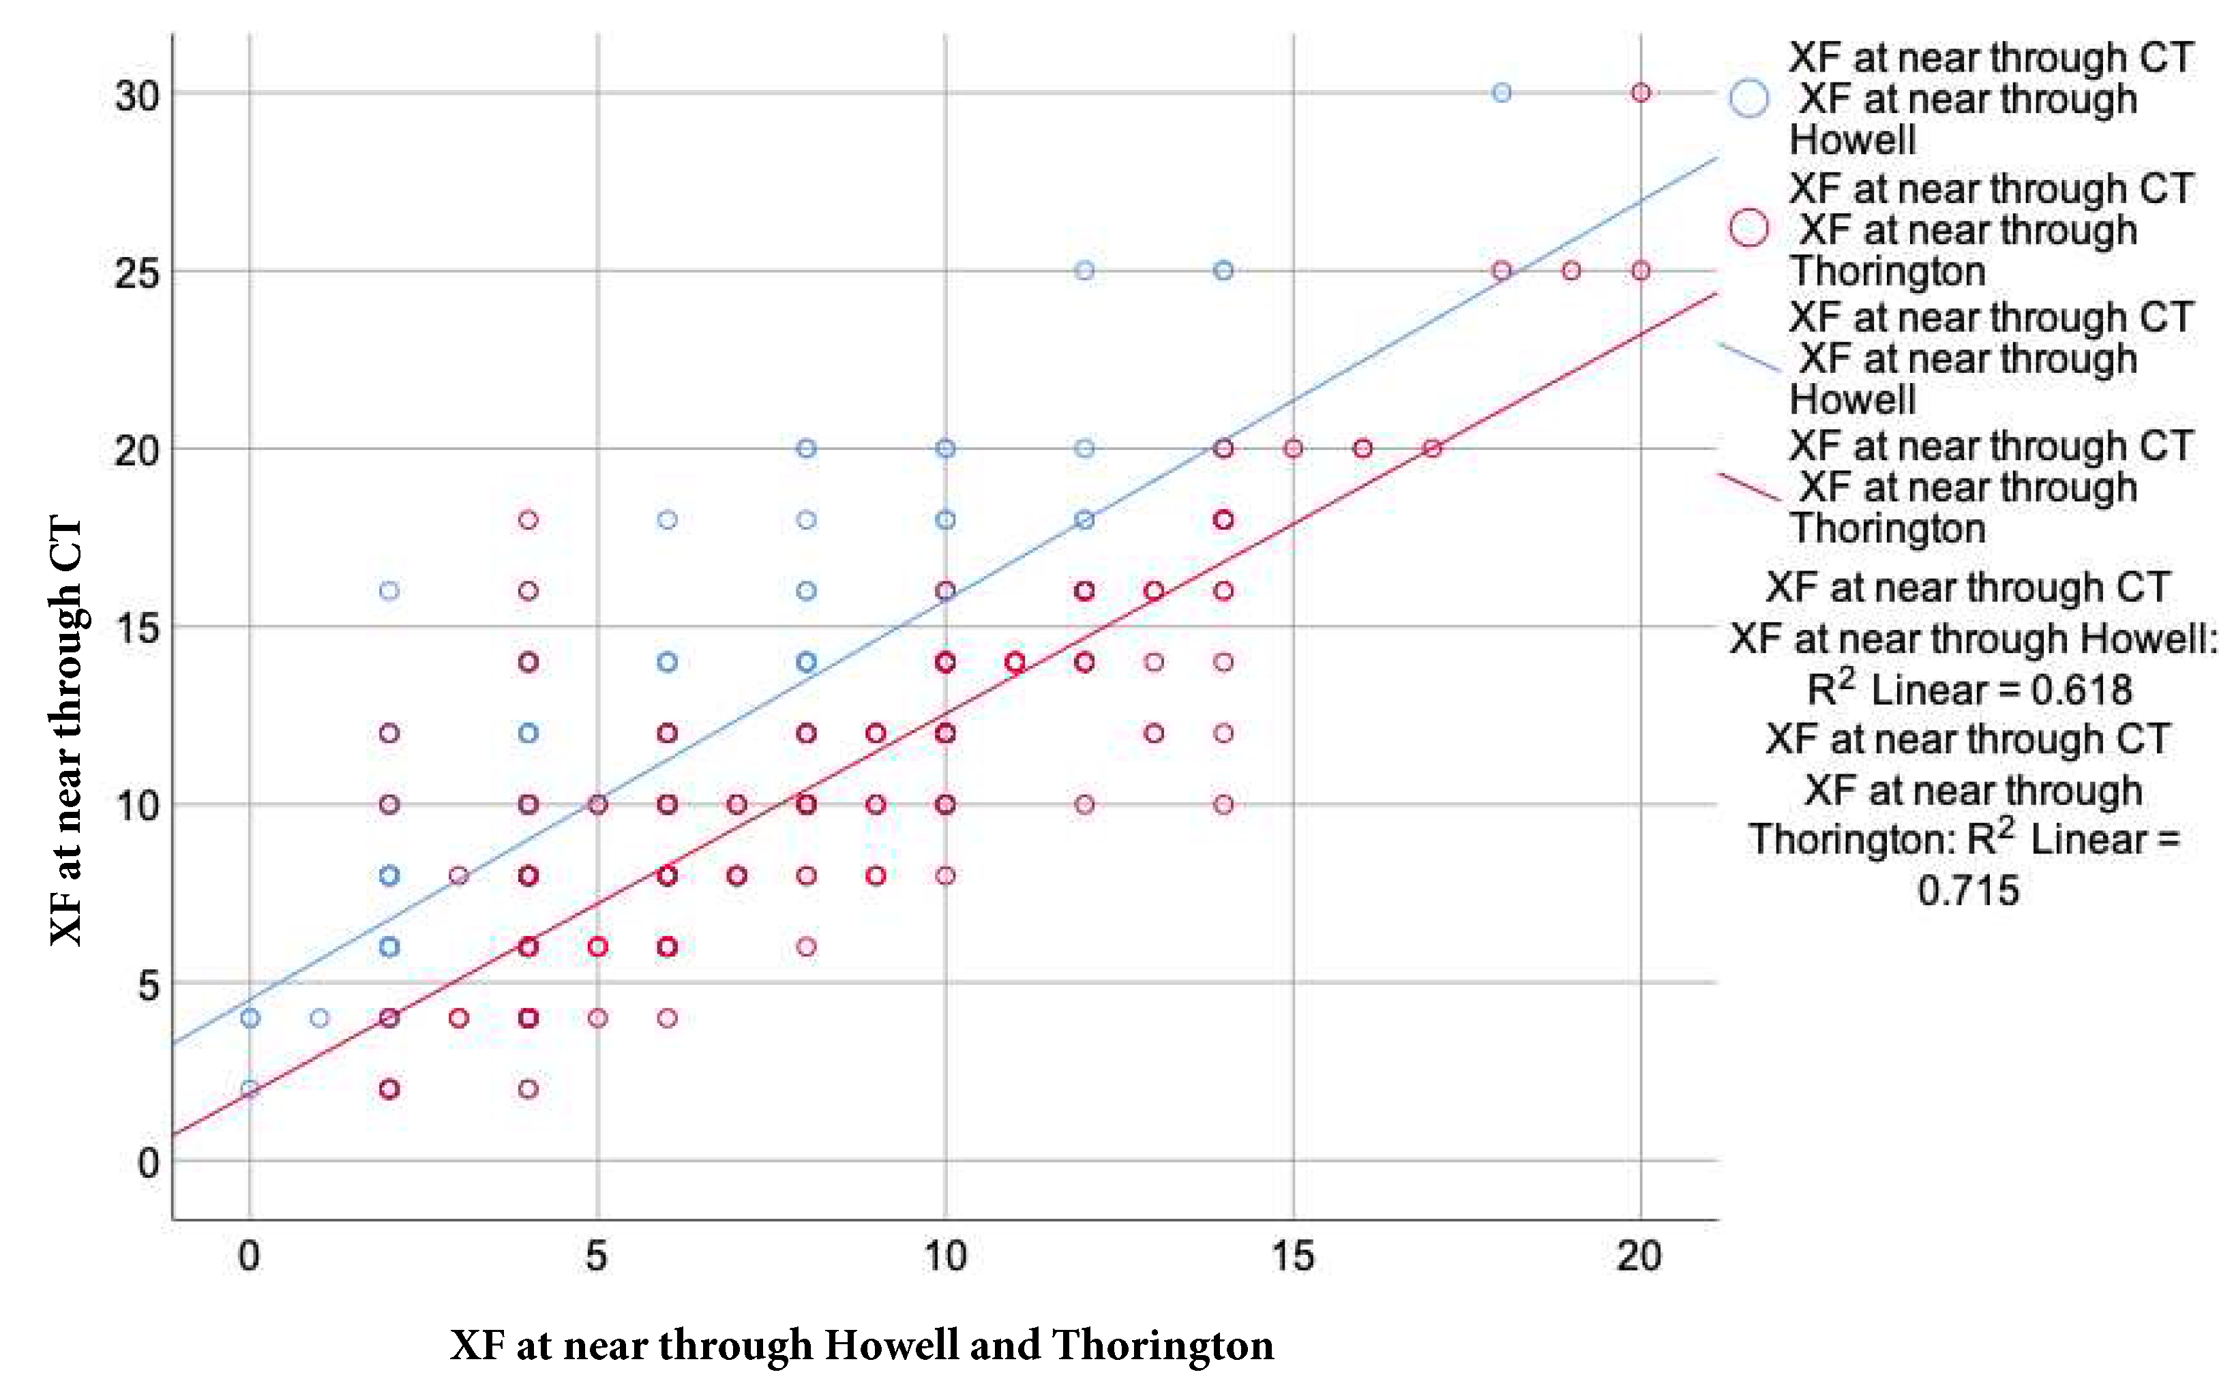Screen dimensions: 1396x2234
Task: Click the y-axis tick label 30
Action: (x=136, y=95)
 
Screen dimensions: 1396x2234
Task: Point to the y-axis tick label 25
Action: (x=136, y=273)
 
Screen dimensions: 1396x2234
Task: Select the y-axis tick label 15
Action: (x=136, y=630)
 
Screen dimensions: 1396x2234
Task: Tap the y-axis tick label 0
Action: (x=148, y=1164)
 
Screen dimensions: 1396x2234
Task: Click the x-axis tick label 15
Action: (x=1292, y=1256)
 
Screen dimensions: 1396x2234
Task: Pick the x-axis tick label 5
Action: (x=597, y=1256)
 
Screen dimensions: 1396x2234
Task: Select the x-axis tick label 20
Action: (x=1639, y=1256)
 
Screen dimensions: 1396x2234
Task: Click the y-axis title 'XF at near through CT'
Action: (x=67, y=729)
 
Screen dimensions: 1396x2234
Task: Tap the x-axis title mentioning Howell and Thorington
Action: (x=862, y=1346)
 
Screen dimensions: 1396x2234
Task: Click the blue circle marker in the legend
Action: (x=1748, y=98)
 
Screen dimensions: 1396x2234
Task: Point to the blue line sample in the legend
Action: (x=1748, y=357)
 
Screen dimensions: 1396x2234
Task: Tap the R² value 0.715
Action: (x=1968, y=891)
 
